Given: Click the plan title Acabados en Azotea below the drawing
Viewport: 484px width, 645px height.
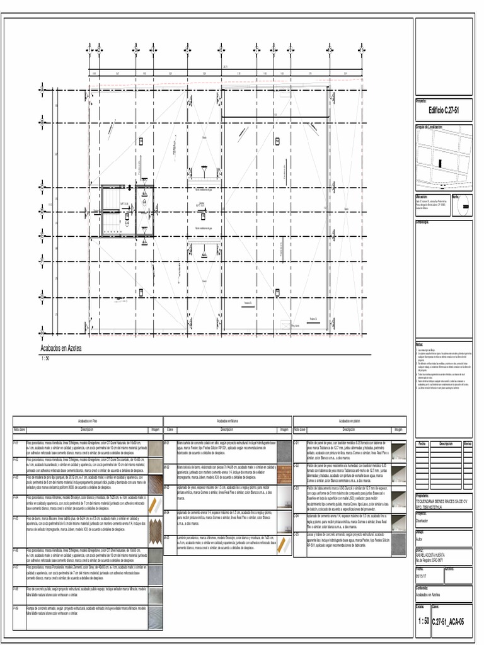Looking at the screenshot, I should (61, 348).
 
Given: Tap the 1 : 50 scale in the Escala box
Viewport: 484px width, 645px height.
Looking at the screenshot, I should (423, 621).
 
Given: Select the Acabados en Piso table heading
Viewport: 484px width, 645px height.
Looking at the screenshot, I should (88, 420).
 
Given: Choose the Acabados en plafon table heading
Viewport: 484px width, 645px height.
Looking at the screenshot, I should (349, 420).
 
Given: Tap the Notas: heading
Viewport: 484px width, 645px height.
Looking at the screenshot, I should (420, 345).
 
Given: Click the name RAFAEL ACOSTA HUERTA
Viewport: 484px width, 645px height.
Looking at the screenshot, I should (430, 554).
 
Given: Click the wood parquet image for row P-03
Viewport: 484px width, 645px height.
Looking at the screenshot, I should (155, 484).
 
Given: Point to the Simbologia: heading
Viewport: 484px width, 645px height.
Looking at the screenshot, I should (422, 222).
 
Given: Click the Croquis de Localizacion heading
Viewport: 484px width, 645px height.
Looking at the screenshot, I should (429, 127).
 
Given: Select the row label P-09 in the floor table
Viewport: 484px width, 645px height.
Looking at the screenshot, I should (16, 608).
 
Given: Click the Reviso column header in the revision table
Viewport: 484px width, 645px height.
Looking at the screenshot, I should (467, 443).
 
